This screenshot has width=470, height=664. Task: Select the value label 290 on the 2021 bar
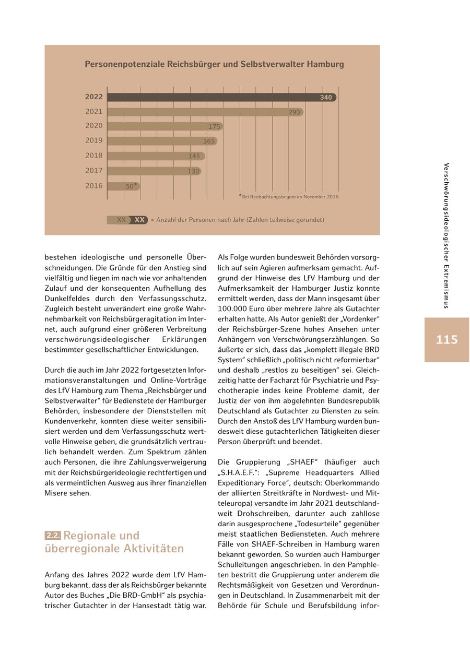click(x=294, y=112)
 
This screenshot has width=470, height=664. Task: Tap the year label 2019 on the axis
click(x=94, y=140)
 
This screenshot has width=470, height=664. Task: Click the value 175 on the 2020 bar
click(x=214, y=126)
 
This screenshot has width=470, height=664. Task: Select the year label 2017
click(x=94, y=171)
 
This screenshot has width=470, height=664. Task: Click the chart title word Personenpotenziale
click(x=124, y=64)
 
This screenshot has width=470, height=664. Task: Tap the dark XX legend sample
click(x=139, y=220)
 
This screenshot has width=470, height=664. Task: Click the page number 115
click(x=446, y=340)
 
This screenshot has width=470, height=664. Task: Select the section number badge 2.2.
click(x=53, y=536)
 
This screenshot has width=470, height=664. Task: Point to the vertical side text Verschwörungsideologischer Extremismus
click(x=446, y=235)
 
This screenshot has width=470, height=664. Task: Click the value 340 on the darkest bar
click(x=326, y=98)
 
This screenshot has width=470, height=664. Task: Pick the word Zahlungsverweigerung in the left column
click(x=160, y=462)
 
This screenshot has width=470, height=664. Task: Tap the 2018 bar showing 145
click(x=157, y=156)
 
